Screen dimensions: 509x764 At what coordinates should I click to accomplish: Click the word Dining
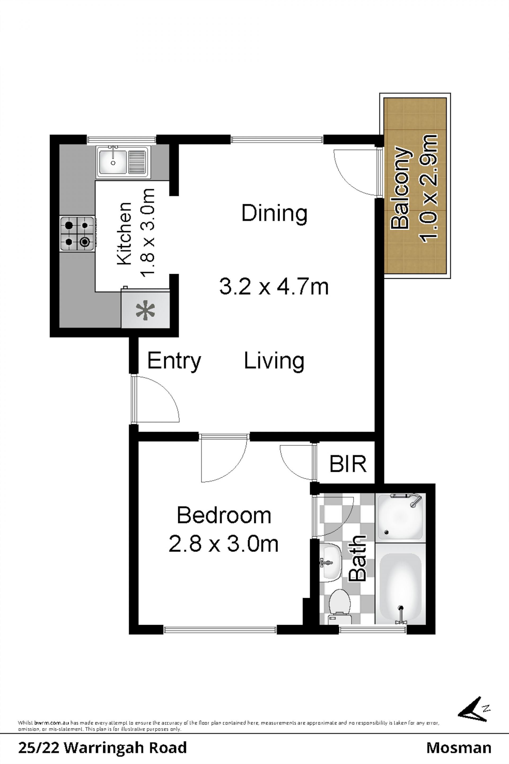click(274, 213)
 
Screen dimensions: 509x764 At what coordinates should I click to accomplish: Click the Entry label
click(174, 361)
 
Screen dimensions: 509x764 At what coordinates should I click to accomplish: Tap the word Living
click(274, 361)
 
